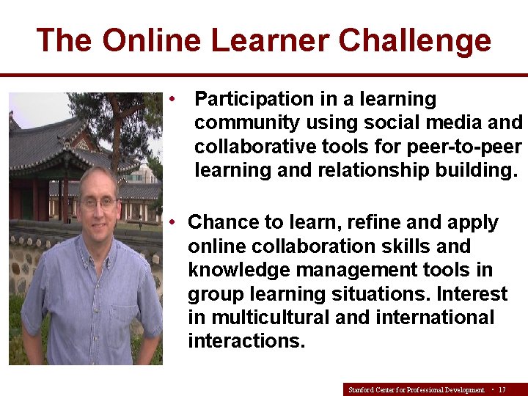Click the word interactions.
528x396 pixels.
pos(246,341)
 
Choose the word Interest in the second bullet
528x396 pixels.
pos(472,293)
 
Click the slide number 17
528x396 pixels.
pos(502,389)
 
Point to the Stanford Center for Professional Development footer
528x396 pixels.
pos(416,389)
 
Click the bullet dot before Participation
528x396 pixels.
pos(171,98)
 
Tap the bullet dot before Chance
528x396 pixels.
pos(171,221)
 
